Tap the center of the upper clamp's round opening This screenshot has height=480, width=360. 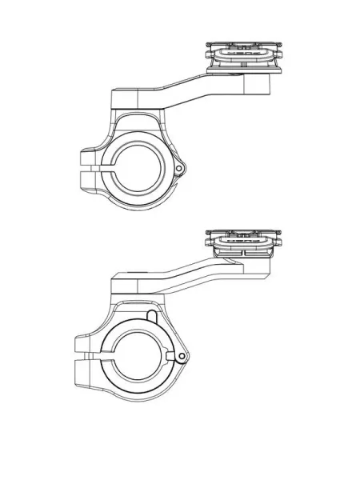[142, 168]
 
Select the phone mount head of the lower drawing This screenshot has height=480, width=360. [245, 239]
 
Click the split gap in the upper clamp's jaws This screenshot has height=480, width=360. [96, 170]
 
